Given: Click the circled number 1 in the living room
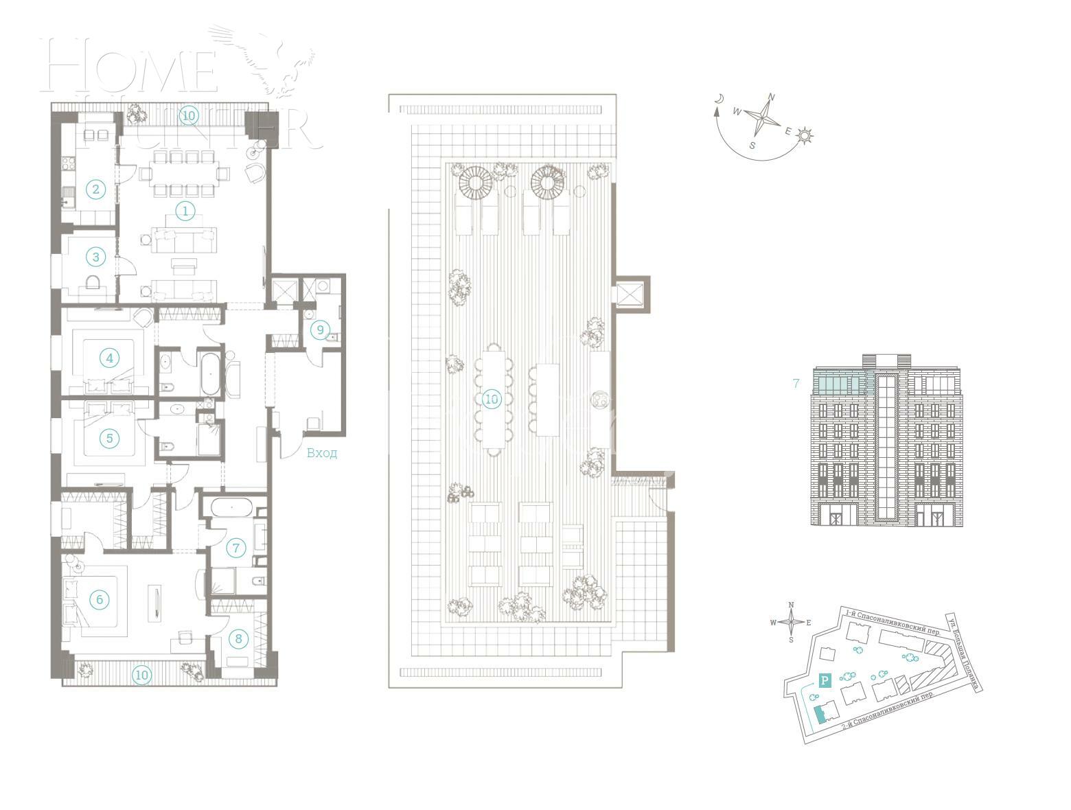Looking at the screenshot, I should [x=185, y=211].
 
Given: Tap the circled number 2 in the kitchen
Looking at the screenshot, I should [x=95, y=189].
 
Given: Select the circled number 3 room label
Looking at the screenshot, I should [x=95, y=257].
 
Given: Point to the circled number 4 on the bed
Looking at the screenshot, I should [x=108, y=358].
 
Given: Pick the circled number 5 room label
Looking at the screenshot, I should [x=108, y=437].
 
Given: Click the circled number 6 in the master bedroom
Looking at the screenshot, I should [x=99, y=600].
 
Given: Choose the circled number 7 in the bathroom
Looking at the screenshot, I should [x=235, y=548].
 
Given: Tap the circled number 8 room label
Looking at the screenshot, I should [x=238, y=639].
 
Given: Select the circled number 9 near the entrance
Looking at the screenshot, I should [x=319, y=330].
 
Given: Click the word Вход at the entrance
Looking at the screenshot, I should [x=321, y=453].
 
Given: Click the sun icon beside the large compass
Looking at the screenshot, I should [x=805, y=136].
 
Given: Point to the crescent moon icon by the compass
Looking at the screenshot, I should [x=719, y=99].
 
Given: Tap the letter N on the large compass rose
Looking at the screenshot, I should [x=771, y=97].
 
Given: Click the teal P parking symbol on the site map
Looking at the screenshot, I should [x=825, y=681].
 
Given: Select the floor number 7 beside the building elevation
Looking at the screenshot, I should [x=796, y=384].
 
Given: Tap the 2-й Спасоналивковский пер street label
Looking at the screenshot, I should [x=888, y=715].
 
